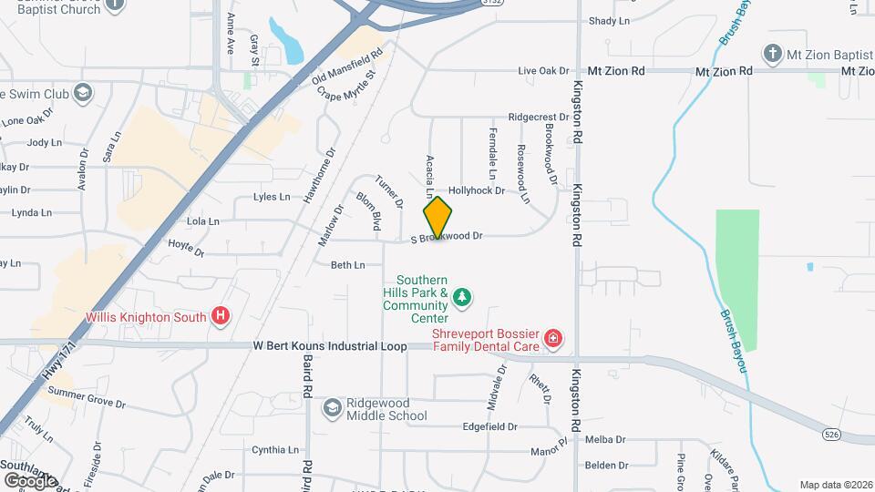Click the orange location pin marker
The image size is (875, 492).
[x=437, y=218]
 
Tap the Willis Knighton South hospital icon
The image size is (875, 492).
[x=220, y=317]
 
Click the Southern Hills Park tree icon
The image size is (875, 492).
[x=463, y=295]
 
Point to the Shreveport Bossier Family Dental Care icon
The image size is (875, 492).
[x=552, y=340]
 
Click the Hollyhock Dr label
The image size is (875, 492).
[x=477, y=190]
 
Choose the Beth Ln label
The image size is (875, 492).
[x=347, y=265]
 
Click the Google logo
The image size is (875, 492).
[x=30, y=480]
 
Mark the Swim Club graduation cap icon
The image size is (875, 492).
[x=83, y=92]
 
